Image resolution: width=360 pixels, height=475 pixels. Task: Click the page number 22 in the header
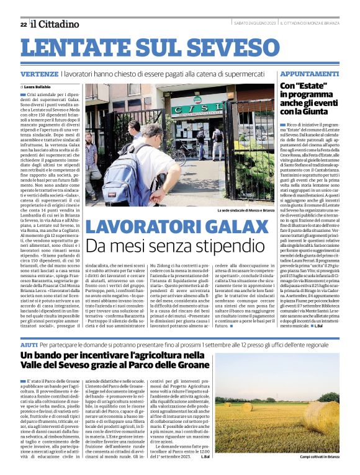click(x=23, y=24)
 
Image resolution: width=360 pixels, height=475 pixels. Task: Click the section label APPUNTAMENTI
click(x=310, y=73)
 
